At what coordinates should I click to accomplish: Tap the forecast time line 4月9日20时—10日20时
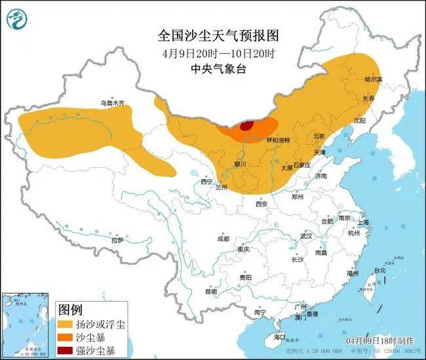click(x=213, y=52)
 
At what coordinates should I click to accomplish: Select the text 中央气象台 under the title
click(x=213, y=68)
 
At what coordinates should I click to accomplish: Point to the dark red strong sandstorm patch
click(x=247, y=126)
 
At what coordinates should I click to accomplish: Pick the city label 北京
click(x=319, y=136)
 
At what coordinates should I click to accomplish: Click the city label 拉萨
click(x=117, y=241)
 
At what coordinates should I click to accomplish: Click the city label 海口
click(x=280, y=336)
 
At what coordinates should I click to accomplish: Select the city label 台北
click(x=379, y=270)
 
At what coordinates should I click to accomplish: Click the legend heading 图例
click(x=70, y=309)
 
